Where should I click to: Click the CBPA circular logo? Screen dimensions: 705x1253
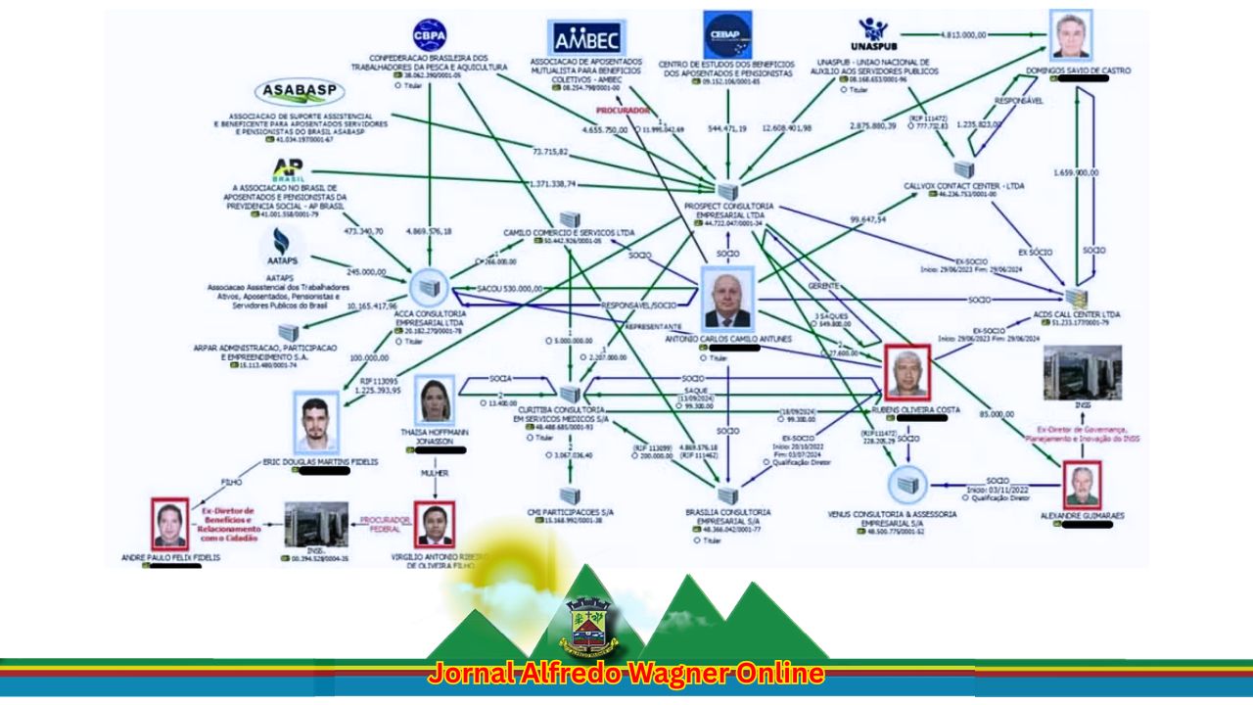[430, 35]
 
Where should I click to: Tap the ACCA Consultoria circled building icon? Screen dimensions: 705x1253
[427, 287]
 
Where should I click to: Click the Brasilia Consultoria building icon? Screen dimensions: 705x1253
[726, 495]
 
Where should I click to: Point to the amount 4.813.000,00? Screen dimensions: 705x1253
[963, 35]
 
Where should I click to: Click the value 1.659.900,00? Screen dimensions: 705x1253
[1077, 172]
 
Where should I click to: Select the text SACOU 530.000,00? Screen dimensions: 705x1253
[510, 289]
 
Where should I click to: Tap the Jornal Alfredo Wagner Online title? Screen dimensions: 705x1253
[626, 675]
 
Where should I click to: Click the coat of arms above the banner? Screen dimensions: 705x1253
[588, 627]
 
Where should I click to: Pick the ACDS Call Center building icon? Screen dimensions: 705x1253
[1077, 297]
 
